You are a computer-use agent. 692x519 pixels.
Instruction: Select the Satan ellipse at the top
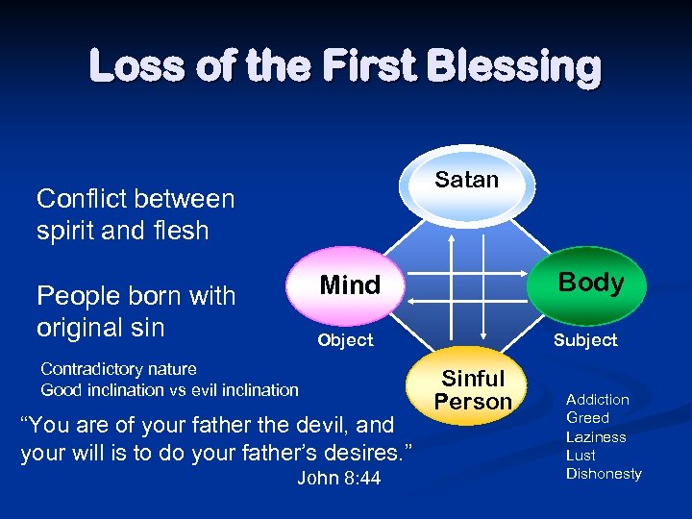(x=467, y=182)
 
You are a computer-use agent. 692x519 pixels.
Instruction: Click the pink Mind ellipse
(x=349, y=285)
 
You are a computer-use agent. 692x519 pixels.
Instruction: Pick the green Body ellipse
(x=591, y=283)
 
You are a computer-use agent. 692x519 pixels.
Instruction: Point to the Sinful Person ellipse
(x=473, y=389)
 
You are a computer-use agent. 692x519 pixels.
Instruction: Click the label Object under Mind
(x=345, y=340)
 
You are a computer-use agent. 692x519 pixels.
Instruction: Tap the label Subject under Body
(x=584, y=340)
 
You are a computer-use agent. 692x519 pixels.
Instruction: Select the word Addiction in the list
(x=598, y=400)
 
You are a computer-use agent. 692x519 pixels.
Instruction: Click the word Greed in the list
(x=587, y=418)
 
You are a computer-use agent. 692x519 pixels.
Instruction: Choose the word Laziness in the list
(x=596, y=436)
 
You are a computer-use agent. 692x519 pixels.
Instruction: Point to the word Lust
(x=581, y=455)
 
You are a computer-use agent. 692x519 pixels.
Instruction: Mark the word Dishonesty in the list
(x=604, y=473)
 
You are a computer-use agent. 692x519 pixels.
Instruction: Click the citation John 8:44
(x=338, y=478)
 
